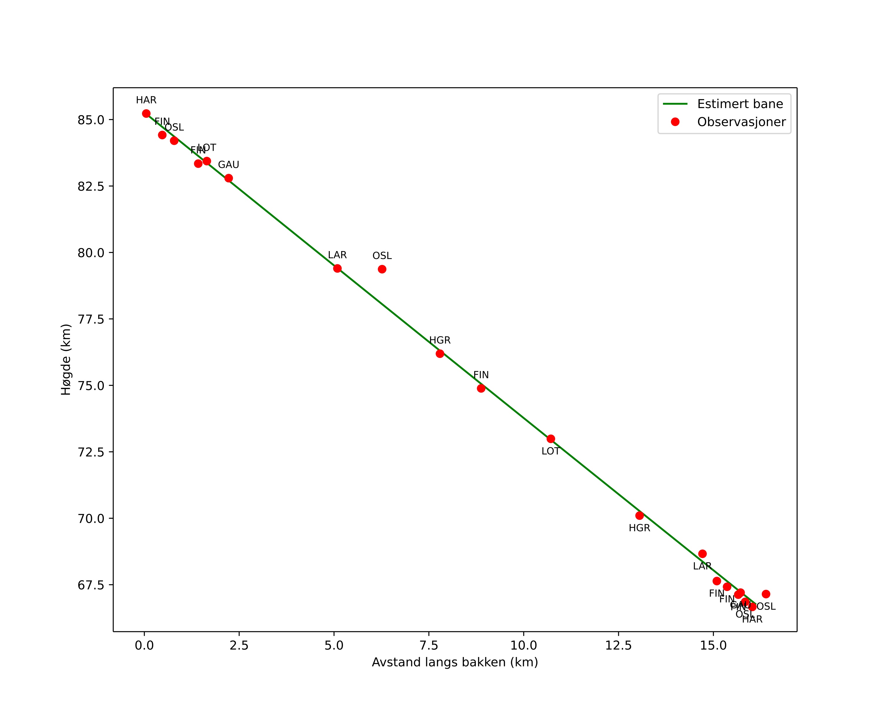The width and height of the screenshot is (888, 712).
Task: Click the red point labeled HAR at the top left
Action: click(146, 114)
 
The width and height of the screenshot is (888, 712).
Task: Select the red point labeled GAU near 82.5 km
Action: click(229, 178)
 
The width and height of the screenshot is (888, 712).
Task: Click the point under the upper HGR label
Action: click(440, 353)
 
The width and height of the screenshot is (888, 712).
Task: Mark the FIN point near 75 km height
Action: click(481, 389)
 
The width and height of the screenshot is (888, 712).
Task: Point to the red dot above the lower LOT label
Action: click(551, 439)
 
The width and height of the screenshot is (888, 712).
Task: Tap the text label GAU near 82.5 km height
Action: click(229, 165)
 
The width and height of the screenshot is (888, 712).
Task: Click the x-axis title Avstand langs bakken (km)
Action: click(455, 663)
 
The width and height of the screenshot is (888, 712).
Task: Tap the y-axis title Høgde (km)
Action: click(66, 360)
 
